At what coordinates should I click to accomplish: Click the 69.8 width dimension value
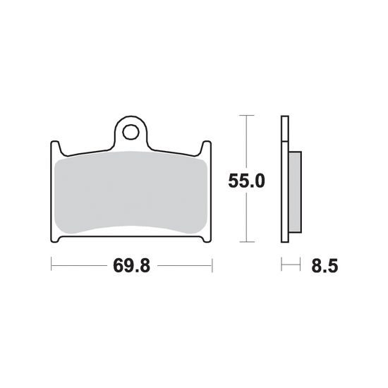[131, 266]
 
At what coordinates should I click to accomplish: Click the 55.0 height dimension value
[246, 181]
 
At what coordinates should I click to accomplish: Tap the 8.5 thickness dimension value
[325, 266]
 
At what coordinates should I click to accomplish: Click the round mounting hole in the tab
[131, 132]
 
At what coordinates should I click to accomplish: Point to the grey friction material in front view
[131, 193]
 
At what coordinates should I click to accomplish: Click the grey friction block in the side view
[295, 192]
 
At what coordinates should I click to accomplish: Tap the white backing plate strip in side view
[285, 179]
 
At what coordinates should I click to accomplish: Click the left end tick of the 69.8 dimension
[51, 265]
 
